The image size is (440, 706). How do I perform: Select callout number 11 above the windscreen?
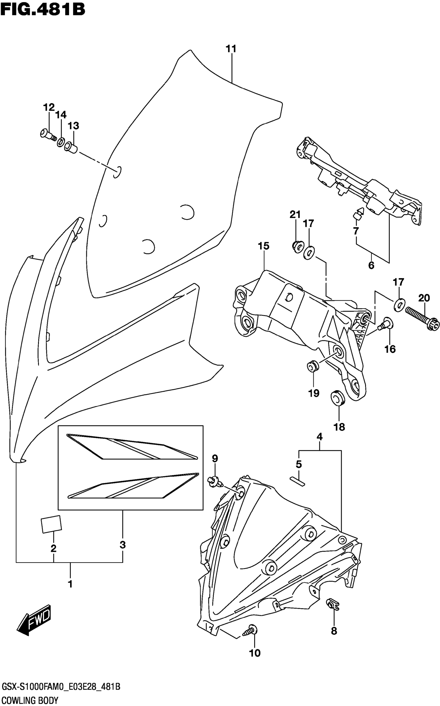[x=231, y=49]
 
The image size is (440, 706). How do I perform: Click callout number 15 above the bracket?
[x=263, y=246]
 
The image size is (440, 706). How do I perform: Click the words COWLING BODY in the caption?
[x=30, y=700]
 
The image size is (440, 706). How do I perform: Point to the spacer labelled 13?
[x=72, y=147]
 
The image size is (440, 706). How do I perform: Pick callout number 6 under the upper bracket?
[x=371, y=265]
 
